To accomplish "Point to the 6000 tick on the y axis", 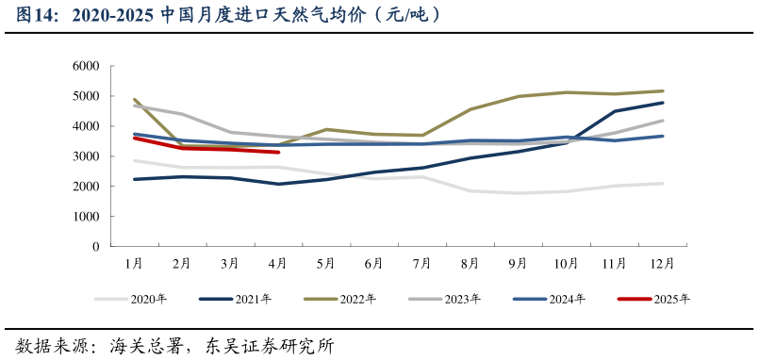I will (86, 67).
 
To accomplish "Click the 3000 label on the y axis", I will (86, 156).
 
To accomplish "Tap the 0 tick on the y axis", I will (95, 247).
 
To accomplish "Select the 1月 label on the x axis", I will (134, 263).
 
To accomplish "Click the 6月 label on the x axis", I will (374, 263).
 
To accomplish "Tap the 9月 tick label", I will (519, 263).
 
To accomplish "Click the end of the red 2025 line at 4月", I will (278, 152).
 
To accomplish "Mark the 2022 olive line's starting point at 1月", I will (134, 99).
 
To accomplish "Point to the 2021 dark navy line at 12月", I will (663, 103).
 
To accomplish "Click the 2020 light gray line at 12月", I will (663, 184).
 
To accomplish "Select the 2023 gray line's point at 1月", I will (134, 106).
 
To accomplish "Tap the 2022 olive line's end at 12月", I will (663, 91).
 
